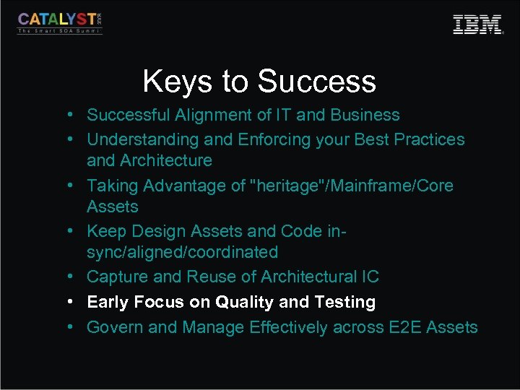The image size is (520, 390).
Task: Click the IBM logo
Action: (x=477, y=25)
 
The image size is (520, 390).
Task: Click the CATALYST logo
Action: (x=60, y=22)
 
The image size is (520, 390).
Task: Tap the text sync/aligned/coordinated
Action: (x=182, y=252)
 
